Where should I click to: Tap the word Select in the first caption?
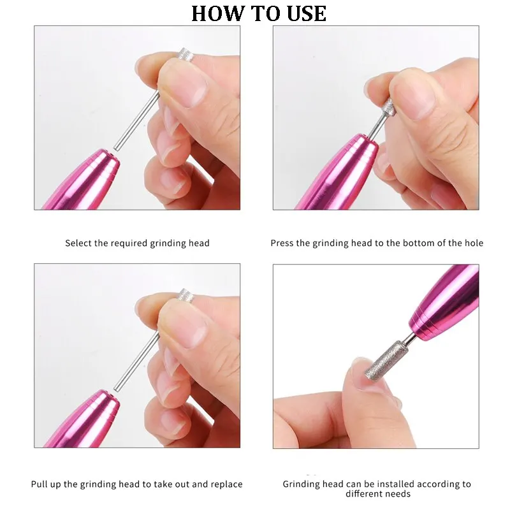point(78,243)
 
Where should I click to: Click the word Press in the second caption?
point(282,243)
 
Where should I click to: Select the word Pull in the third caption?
point(40,484)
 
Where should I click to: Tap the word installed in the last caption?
point(390,484)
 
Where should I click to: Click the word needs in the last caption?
point(396,494)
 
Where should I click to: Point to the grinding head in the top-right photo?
point(388,106)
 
